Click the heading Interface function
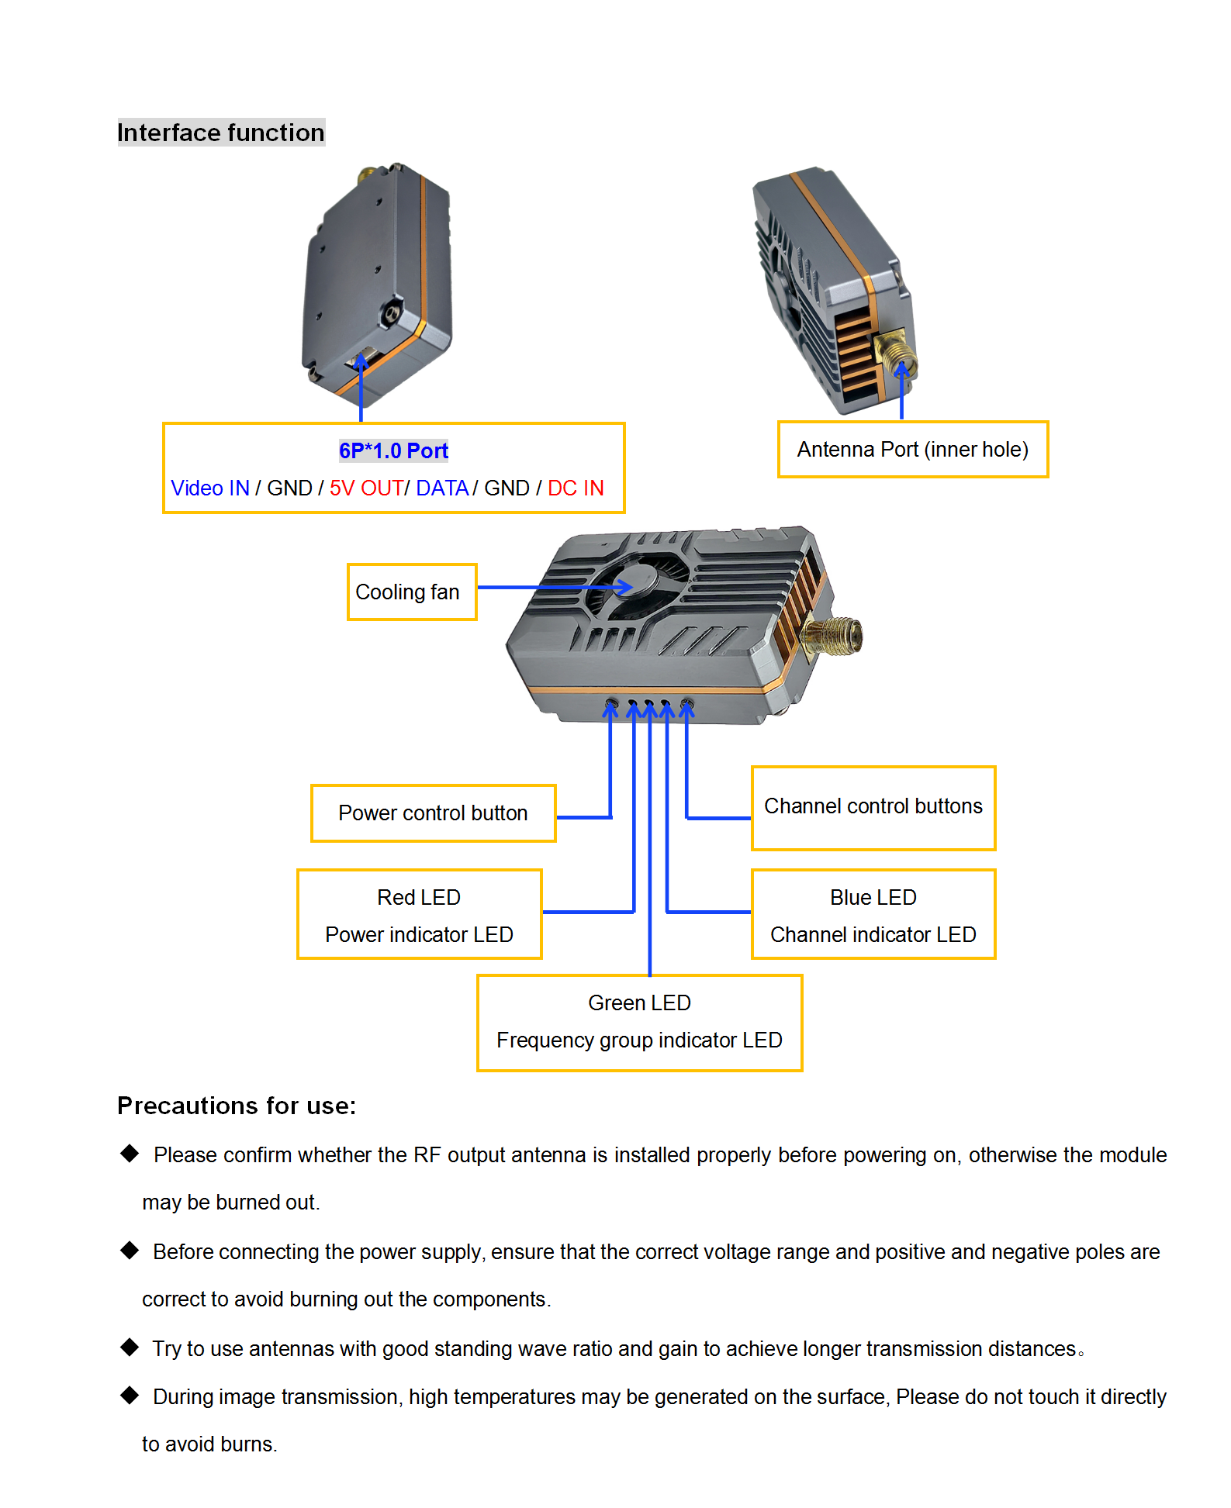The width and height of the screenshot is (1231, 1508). point(221,133)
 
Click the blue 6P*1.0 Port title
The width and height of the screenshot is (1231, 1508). point(393,450)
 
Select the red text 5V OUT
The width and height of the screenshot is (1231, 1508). point(365,488)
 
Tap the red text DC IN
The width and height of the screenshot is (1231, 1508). point(576,488)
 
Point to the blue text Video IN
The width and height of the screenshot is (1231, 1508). point(210,488)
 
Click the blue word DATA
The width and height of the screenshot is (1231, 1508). point(442,488)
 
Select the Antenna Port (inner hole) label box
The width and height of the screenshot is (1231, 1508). point(912,450)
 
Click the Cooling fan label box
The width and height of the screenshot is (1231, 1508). point(411,592)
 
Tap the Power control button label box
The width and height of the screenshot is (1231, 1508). point(433,813)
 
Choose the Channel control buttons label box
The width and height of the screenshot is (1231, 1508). point(873,807)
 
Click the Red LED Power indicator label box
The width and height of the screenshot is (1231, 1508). point(419,915)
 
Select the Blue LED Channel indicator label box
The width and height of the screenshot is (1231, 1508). point(873,915)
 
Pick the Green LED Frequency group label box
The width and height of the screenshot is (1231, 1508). point(639,1022)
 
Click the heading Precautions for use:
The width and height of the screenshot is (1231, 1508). point(237,1106)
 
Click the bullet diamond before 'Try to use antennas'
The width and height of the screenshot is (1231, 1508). point(130,1347)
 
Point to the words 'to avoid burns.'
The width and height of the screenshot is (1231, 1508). point(209,1444)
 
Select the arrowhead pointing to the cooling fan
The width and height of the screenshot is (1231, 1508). point(625,587)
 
